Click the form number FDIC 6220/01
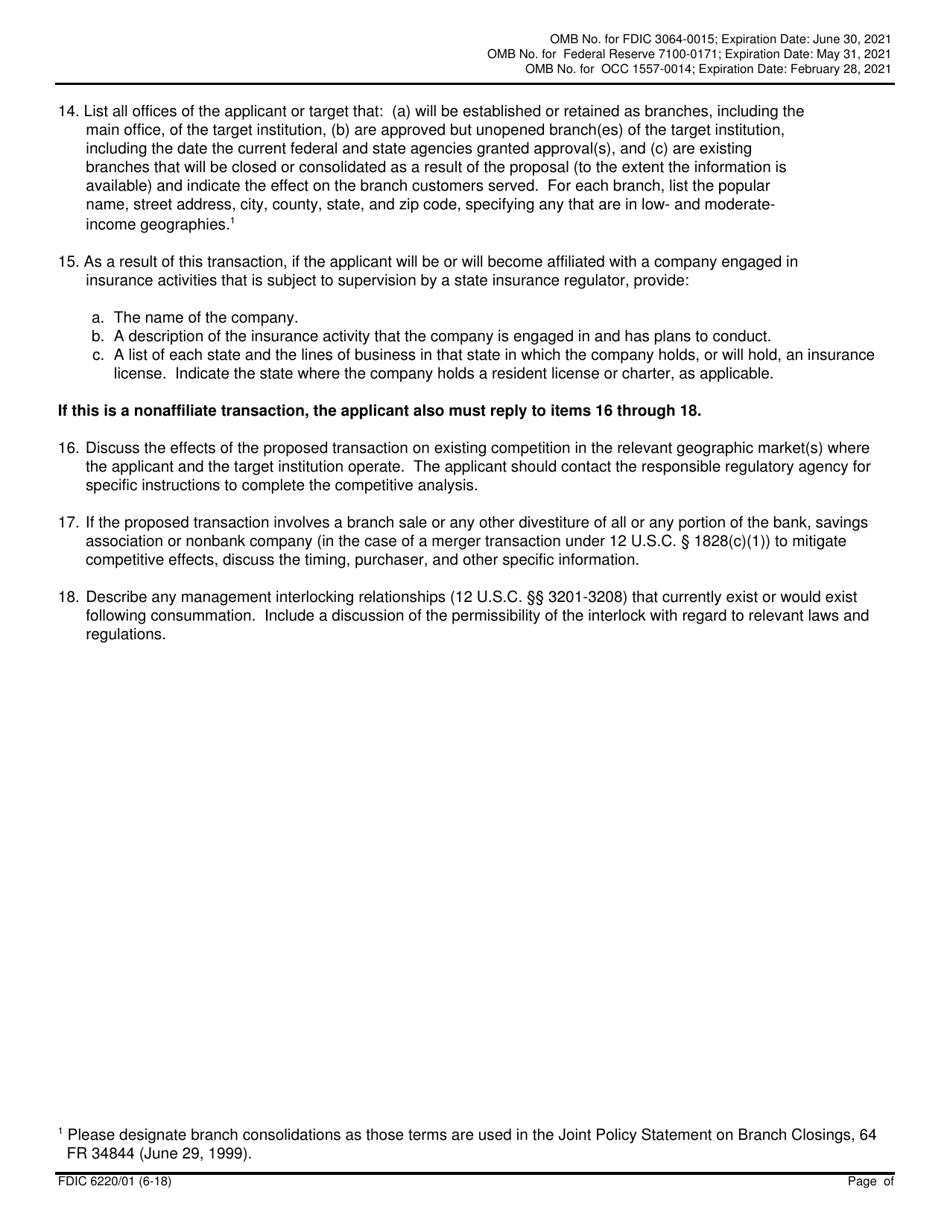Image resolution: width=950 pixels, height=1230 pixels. point(101,1181)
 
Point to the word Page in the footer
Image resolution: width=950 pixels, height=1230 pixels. point(862,1181)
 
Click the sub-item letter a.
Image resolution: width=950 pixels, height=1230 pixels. point(98,318)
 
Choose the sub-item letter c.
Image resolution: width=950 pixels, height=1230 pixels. point(98,355)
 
